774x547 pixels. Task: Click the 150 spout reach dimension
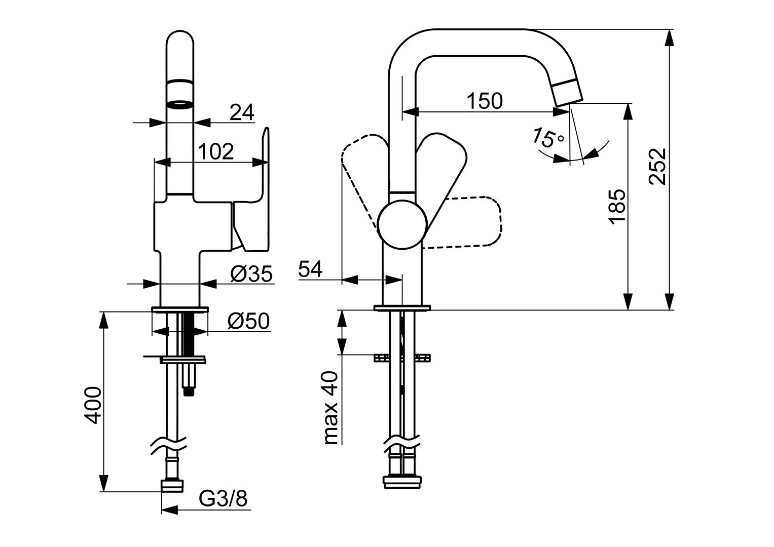click(x=484, y=101)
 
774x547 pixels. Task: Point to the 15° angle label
click(x=547, y=138)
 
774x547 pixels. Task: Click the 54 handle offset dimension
click(x=310, y=269)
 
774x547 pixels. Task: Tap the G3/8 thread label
click(x=223, y=499)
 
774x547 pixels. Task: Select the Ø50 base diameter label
click(x=248, y=321)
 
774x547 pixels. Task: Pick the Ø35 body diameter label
click(x=251, y=273)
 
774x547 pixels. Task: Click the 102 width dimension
click(x=215, y=151)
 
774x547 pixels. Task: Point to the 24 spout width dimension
click(x=242, y=112)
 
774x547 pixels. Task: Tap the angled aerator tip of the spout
click(x=568, y=94)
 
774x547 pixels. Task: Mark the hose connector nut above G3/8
click(x=172, y=486)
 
